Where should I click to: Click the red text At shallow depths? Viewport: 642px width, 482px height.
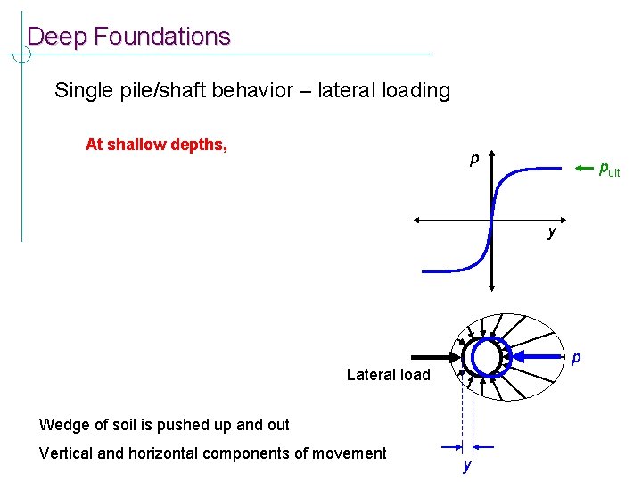tap(156, 145)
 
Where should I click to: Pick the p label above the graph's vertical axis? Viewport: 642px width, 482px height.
tap(475, 161)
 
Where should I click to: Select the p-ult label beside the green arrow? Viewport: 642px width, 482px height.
tap(608, 169)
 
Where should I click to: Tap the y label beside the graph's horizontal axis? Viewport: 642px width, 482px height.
tap(552, 233)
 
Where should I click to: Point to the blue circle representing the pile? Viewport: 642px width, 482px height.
tap(488, 357)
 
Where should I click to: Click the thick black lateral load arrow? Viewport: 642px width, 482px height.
tap(434, 357)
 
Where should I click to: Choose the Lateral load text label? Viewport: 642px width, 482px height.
tap(388, 375)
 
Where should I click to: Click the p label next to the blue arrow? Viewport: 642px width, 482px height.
tap(576, 359)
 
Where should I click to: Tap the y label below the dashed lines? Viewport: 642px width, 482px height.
tap(465, 467)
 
